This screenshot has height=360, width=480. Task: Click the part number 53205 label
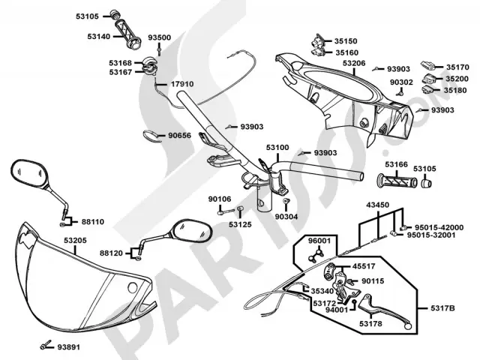pos(75,240)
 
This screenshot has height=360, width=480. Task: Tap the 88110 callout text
pos(93,222)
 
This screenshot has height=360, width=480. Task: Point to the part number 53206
pos(354,64)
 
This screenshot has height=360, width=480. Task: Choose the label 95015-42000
pos(439,226)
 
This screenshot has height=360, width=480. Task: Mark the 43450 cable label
pos(378,205)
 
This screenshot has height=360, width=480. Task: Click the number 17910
pos(182,84)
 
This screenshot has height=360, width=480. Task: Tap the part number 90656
pos(179,136)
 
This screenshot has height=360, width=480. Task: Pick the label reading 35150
pos(346,41)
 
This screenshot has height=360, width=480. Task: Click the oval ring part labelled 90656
pos(151,136)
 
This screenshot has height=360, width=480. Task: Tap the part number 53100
pos(277,148)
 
